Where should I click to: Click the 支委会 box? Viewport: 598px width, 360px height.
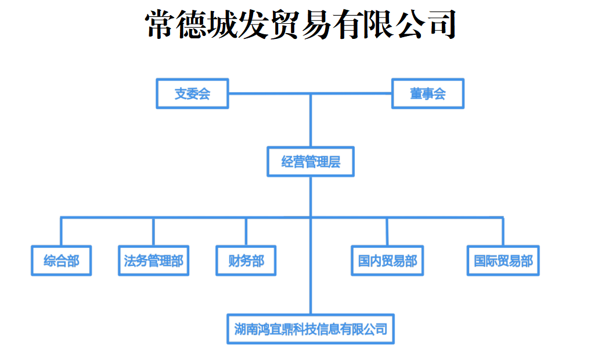(192, 93)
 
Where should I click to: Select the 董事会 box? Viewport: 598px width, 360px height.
(428, 93)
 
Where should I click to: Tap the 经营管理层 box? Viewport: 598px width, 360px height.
(311, 162)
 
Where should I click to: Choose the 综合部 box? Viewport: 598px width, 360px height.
(61, 261)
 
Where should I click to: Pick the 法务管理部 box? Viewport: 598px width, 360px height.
(153, 261)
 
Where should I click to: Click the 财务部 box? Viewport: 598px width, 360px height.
(246, 261)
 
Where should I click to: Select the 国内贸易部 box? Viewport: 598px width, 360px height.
(387, 261)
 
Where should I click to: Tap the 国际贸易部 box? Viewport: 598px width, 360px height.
(503, 261)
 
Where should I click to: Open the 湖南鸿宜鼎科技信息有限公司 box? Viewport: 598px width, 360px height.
(311, 329)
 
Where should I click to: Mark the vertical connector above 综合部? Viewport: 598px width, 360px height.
(62, 232)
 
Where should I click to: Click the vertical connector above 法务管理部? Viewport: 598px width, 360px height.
(153, 232)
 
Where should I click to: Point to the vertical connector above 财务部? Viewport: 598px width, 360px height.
(246, 232)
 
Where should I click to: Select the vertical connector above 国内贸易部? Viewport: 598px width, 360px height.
(387, 232)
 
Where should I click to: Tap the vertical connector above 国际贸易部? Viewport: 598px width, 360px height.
(503, 232)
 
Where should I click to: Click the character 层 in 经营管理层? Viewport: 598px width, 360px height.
(334, 162)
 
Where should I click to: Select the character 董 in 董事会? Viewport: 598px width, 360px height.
(416, 93)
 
